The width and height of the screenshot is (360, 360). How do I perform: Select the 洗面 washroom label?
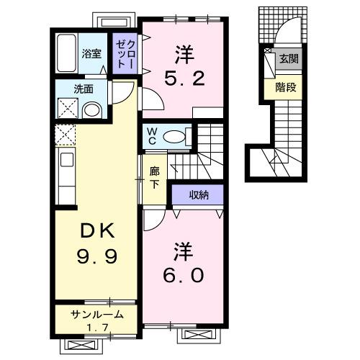(x=81, y=90)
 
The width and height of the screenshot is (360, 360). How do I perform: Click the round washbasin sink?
(x=91, y=110)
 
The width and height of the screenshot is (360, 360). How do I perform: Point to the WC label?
(x=153, y=135)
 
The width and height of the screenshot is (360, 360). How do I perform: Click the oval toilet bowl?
(x=176, y=136)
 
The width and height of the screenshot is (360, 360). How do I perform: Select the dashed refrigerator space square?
(x=66, y=135)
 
